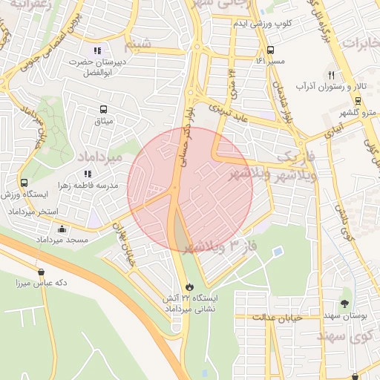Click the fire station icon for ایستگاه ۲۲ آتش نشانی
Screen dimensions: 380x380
click(x=189, y=286)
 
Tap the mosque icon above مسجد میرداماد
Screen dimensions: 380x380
click(x=62, y=229)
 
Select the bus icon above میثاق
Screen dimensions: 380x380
click(x=102, y=109)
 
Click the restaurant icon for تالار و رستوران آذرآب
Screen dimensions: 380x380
click(x=331, y=75)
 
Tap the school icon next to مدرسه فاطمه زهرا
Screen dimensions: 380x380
click(x=88, y=174)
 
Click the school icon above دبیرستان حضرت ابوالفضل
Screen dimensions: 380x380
click(x=97, y=50)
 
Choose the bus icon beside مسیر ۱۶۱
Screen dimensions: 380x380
click(x=269, y=51)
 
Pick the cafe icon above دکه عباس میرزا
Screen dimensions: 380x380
click(x=41, y=272)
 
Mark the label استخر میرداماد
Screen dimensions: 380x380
click(x=33, y=212)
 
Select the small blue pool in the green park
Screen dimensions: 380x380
click(x=277, y=252)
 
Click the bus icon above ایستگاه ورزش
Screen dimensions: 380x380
click(x=24, y=183)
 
